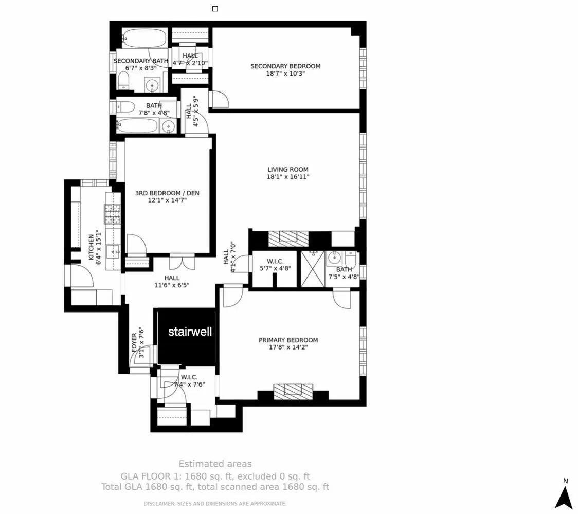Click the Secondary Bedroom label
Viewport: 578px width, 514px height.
[x=285, y=66]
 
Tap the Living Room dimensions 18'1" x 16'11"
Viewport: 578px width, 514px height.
[x=288, y=177]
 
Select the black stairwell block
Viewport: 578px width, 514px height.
[x=186, y=337]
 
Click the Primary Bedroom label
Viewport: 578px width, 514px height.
[x=288, y=340]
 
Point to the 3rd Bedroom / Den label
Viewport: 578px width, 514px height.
[x=167, y=193]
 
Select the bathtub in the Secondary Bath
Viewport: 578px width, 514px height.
[x=144, y=39]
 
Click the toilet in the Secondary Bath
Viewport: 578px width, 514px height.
[x=123, y=81]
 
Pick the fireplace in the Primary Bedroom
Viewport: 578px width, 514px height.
[x=293, y=392]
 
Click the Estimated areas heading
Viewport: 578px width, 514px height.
[x=215, y=464]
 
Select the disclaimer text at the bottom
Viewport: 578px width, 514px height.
[x=215, y=504]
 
